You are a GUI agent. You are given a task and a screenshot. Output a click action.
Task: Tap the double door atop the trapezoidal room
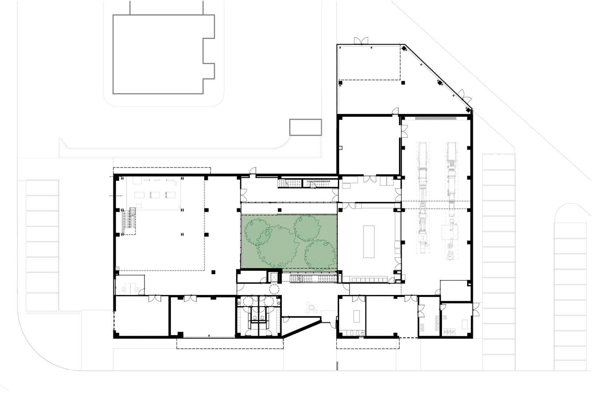pyautogui.click(x=361, y=41)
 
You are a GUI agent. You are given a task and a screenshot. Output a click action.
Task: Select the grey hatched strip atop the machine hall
pyautogui.click(x=435, y=118)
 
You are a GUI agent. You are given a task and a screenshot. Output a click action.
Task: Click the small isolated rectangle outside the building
pyautogui.click(x=305, y=127)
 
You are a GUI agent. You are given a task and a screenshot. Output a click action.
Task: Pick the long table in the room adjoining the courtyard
pyautogui.click(x=369, y=242)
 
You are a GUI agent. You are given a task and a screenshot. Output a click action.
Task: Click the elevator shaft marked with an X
pyautogui.click(x=273, y=277)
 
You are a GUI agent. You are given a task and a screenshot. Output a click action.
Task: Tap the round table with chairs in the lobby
pyautogui.click(x=311, y=308)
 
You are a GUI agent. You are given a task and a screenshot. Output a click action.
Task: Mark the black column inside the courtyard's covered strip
pyautogui.click(x=279, y=210)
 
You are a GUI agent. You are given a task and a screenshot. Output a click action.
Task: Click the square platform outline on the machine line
pyautogui.click(x=450, y=232)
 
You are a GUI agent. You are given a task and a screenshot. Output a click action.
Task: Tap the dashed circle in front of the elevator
pyautogui.click(x=274, y=289)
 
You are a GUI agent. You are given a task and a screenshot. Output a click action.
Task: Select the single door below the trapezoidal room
pyautogui.click(x=396, y=111)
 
